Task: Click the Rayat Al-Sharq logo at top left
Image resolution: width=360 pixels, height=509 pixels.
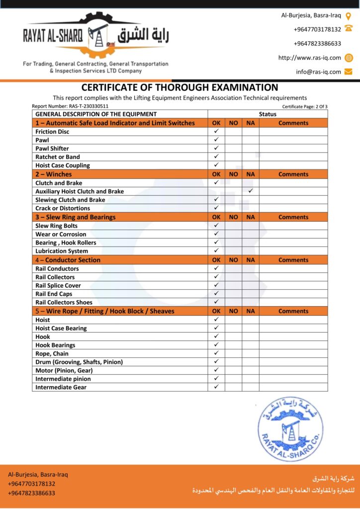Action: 96,37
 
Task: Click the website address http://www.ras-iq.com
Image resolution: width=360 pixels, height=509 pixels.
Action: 309,58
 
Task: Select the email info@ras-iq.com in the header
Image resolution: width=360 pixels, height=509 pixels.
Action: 318,72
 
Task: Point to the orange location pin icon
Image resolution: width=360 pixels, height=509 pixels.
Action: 348,15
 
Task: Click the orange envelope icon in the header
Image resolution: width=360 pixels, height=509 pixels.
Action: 348,72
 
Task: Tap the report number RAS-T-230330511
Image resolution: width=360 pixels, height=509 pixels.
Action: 70,106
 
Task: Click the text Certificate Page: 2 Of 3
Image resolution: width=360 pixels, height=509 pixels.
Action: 305,106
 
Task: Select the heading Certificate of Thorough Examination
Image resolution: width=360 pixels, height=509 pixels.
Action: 180,87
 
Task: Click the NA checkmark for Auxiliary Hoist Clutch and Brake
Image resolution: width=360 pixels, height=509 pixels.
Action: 251,191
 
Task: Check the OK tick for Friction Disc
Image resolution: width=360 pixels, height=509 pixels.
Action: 216,131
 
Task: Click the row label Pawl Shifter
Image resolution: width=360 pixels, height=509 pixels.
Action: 52,149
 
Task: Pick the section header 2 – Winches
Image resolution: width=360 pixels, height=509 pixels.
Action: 54,174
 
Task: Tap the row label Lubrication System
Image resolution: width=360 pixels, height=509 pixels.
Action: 62,251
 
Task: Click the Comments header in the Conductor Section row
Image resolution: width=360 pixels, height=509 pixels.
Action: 293,260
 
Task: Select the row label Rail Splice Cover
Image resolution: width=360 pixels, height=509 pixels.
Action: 58,285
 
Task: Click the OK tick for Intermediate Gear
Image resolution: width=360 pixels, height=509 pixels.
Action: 216,387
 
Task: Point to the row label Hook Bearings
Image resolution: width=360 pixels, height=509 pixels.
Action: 55,345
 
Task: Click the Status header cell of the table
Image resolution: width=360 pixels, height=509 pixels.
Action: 268,114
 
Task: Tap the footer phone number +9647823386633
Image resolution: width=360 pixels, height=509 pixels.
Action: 31,493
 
